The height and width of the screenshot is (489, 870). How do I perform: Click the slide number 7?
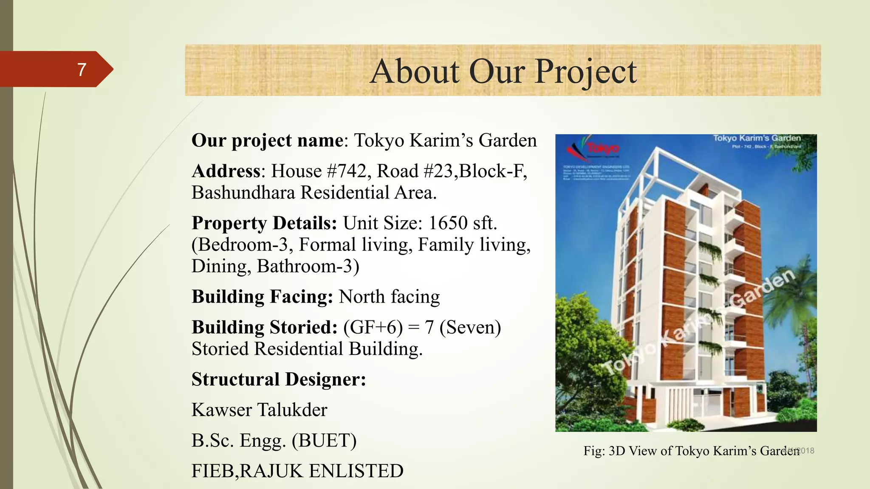(x=82, y=70)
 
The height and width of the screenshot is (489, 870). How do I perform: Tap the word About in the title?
(x=415, y=71)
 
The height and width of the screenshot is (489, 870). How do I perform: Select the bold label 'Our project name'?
(x=267, y=141)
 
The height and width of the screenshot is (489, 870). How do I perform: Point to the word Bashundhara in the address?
(x=243, y=193)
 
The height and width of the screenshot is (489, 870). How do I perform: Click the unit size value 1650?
(x=448, y=223)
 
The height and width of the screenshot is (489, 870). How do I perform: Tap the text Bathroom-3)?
(x=308, y=267)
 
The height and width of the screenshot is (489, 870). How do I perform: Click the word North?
(x=362, y=297)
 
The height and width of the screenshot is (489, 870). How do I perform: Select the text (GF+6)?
(x=373, y=327)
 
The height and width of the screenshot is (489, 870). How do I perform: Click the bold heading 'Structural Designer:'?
(x=279, y=379)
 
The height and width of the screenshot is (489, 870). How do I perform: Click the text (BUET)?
(x=324, y=441)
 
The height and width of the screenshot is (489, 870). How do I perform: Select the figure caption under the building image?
(x=691, y=451)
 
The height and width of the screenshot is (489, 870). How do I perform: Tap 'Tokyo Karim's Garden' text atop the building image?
(x=757, y=138)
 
